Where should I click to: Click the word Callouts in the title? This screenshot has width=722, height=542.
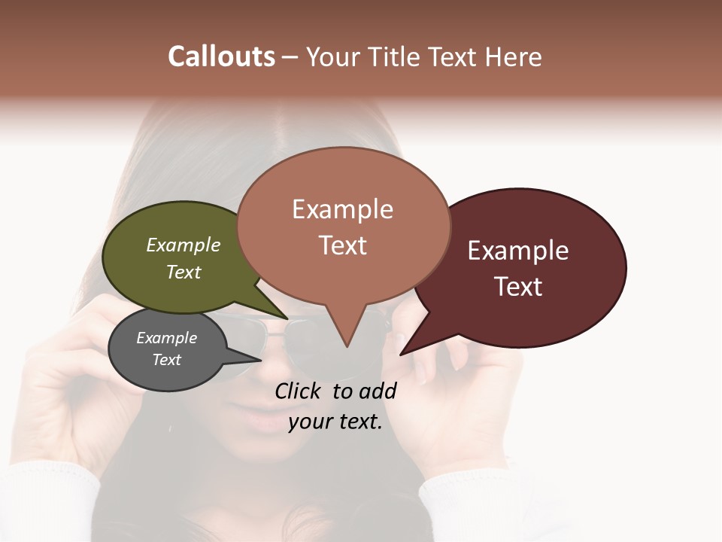coord(221,56)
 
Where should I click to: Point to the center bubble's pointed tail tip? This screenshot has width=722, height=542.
coord(347,346)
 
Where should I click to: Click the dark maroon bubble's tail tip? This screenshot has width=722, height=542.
coord(401,354)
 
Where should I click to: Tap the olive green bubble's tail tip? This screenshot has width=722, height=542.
coord(287,318)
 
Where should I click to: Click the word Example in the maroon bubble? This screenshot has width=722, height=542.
coord(518,251)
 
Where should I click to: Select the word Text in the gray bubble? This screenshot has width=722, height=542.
coord(166,360)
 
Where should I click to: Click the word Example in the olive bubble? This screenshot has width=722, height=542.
coord(184,245)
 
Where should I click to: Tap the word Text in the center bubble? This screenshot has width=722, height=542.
coord(343,245)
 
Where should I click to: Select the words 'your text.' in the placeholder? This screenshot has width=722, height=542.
coord(335,422)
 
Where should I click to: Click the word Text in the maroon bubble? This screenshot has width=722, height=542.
coord(519,287)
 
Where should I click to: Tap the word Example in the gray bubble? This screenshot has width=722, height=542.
coord(166,338)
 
